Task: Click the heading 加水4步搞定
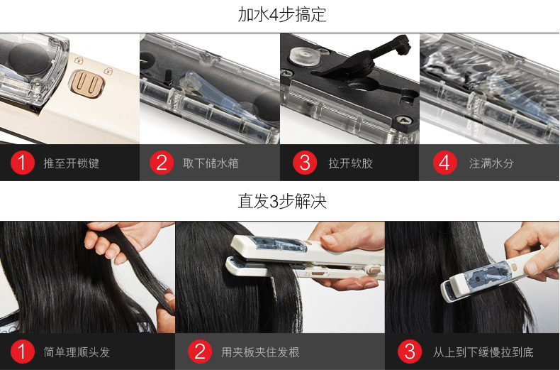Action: (282, 15)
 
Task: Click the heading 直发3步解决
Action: (282, 201)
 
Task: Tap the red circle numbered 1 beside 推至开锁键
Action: (22, 163)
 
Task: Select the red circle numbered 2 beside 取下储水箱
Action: (162, 163)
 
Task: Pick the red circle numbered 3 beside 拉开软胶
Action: (305, 163)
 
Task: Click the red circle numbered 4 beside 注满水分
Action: (444, 163)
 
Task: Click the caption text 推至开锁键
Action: (72, 163)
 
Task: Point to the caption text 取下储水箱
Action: (211, 163)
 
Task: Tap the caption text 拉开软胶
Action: (351, 163)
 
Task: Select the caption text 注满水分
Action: (491, 163)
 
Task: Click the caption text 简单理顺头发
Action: (77, 352)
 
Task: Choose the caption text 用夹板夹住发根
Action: (260, 352)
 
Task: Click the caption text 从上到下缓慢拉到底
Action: (483, 352)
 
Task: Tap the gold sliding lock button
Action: (87, 83)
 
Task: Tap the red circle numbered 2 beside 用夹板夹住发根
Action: (200, 351)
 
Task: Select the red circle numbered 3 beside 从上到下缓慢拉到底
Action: (409, 351)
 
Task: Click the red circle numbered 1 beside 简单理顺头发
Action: (22, 351)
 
